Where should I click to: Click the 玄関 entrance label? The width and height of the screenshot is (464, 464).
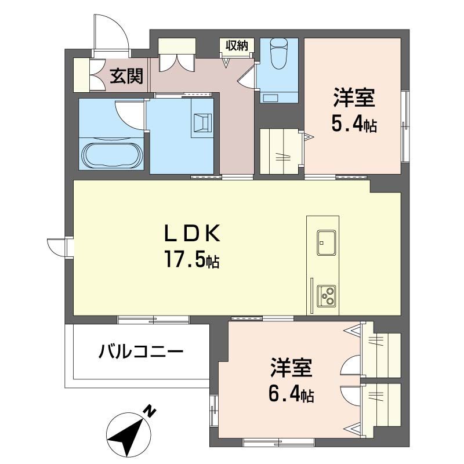pos(127,76)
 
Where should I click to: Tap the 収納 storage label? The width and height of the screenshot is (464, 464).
pos(236,45)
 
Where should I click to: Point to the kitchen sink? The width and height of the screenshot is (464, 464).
pos(327,242)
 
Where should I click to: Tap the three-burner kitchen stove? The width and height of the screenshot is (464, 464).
pos(327,296)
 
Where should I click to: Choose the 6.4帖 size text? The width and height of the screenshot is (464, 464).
pos(291,395)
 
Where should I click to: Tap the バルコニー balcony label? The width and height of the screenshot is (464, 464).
pos(141,351)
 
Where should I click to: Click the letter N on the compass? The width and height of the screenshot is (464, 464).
pos(150,412)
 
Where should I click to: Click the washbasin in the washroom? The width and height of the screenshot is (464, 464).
pos(202,122)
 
